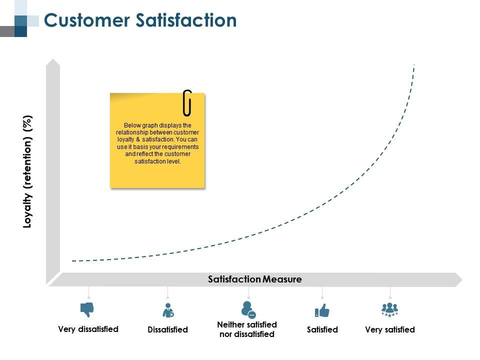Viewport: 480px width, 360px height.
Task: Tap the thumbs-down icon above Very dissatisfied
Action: (87, 309)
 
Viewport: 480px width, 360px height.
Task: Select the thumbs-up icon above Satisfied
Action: (322, 311)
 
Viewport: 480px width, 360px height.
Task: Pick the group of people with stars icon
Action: (389, 309)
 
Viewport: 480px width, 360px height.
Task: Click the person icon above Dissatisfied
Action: (168, 310)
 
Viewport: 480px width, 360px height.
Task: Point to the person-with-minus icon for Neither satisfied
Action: (248, 309)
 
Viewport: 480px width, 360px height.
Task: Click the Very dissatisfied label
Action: (88, 329)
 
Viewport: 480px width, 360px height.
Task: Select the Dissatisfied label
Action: (167, 329)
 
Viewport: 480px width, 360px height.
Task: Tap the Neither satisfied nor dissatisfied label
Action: (247, 329)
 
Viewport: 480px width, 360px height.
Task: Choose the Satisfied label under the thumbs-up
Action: (322, 329)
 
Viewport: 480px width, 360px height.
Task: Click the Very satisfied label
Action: (390, 329)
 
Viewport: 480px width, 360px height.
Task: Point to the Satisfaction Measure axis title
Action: (254, 279)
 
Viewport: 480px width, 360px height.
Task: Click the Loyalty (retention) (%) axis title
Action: (28, 171)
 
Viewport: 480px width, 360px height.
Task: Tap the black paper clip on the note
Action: (187, 102)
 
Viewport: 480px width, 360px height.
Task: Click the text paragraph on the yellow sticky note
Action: (157, 143)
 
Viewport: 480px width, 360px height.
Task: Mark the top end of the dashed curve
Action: (414, 65)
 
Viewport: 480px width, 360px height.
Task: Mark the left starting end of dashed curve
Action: (73, 261)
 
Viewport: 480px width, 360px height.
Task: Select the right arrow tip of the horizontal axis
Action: (460, 279)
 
